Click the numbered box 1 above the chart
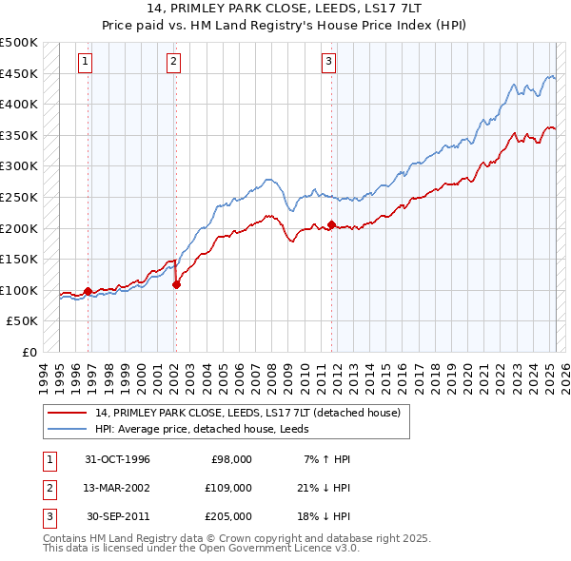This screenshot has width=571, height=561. coord(85,63)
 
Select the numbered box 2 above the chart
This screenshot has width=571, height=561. coord(174,63)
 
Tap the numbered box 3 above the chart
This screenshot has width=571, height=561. coord(328,63)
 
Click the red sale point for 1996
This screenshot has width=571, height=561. coord(89,291)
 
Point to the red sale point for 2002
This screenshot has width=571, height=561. coord(176,284)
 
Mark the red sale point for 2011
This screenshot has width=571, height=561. coord(331,225)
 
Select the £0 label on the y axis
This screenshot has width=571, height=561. coord(30,352)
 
